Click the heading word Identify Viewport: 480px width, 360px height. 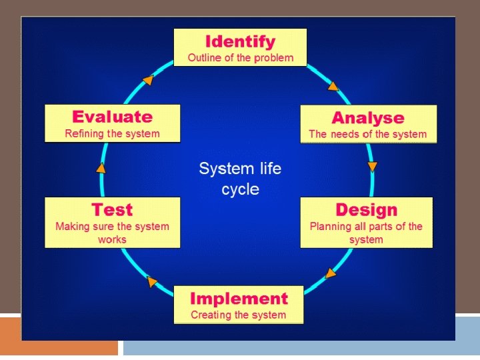tap(240, 41)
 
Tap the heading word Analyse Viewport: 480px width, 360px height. tap(368, 118)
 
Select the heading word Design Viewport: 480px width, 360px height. tap(366, 210)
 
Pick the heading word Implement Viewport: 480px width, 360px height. tap(239, 298)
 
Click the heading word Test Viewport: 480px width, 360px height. tap(112, 210)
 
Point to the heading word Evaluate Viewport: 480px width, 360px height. tap(112, 117)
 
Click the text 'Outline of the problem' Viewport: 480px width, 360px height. tap(240, 58)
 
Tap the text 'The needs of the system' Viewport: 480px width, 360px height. tap(368, 134)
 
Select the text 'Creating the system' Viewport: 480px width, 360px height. tap(239, 315)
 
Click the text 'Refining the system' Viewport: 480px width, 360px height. tap(112, 133)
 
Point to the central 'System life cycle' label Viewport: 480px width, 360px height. tap(240, 179)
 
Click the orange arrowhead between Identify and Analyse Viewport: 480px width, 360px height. tap(333, 85)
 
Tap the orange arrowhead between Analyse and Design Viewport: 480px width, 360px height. tap(372, 166)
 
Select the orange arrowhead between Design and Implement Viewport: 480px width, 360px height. tap(330, 273)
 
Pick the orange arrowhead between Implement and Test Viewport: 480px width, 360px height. tap(152, 281)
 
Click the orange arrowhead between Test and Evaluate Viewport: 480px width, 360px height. tap(101, 167)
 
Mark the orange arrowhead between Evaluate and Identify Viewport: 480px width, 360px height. tap(148, 80)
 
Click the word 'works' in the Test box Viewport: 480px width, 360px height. tap(112, 239)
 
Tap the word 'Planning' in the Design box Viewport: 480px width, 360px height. tap(331, 227)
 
